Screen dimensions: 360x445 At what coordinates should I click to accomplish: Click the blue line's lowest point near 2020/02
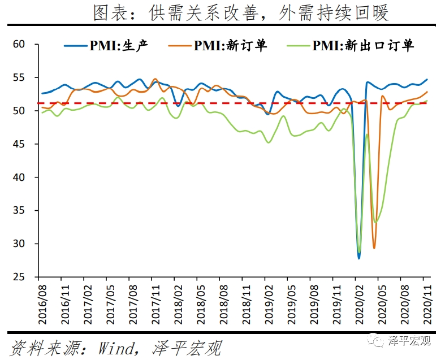[358, 258]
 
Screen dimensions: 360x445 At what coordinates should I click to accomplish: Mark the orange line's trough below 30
[374, 248]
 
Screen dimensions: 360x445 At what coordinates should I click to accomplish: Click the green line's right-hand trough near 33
[376, 222]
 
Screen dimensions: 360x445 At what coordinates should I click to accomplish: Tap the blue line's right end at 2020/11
[427, 80]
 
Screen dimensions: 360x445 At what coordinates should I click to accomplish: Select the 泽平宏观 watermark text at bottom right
[409, 341]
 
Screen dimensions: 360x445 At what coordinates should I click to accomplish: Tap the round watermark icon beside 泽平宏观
[375, 340]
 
